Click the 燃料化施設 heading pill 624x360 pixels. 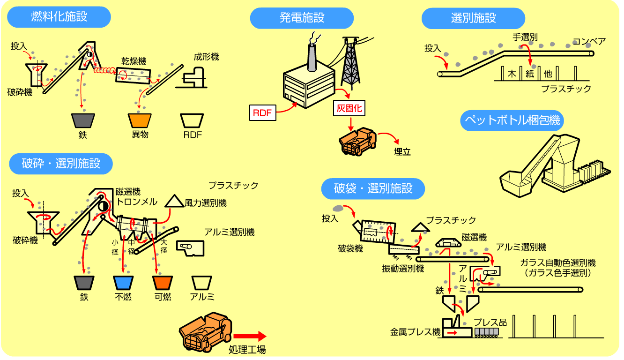59,17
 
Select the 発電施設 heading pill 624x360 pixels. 302,18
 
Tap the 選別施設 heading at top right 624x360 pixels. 473,18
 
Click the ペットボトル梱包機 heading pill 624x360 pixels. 512,120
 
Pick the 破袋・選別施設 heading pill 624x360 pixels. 373,189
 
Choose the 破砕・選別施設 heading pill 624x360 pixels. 61,163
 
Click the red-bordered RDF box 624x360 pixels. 262,112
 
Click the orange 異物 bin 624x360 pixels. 140,120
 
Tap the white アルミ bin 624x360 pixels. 202,283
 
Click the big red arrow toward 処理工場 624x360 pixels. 249,336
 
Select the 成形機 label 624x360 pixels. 206,57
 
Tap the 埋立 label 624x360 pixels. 401,152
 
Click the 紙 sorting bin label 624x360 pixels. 530,74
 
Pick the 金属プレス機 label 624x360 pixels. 416,332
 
